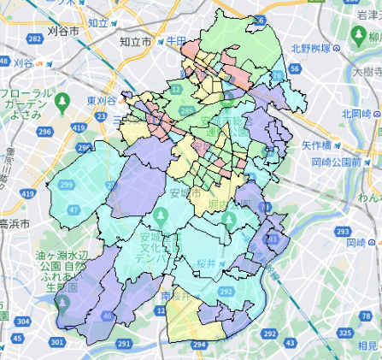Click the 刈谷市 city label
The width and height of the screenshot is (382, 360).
point(63,31)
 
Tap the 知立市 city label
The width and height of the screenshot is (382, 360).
point(135,40)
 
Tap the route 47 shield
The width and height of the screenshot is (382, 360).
point(73,209)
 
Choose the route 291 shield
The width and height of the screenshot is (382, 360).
point(124,344)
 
